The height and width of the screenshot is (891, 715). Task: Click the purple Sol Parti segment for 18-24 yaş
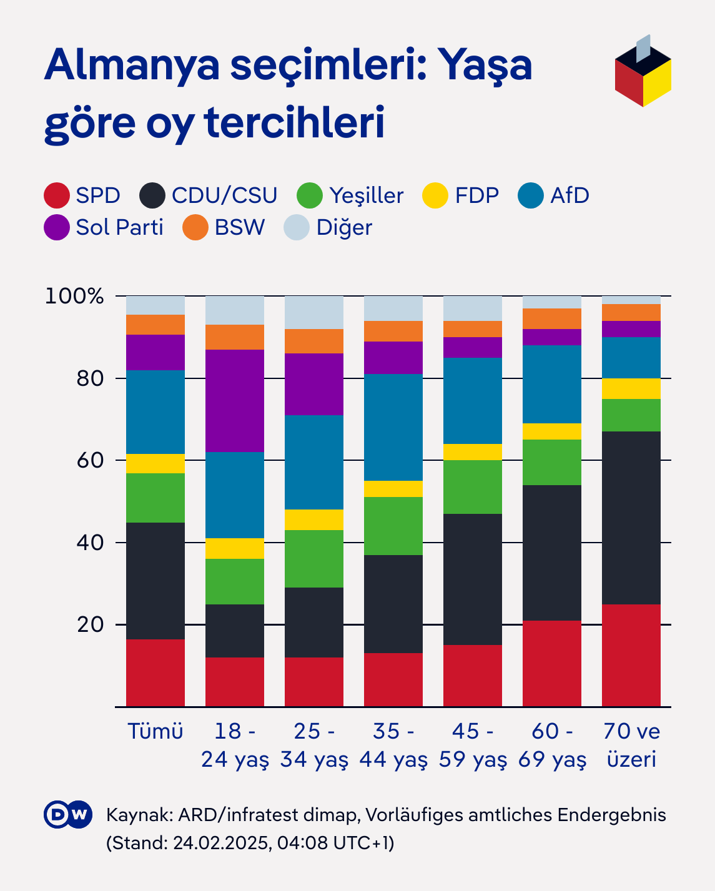235,400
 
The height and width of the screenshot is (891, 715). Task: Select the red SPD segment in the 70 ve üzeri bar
631,655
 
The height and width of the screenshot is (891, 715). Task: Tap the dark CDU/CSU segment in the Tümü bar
155,581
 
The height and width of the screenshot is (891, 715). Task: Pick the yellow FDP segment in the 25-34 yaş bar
314,519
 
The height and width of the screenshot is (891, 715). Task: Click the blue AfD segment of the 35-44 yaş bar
393,427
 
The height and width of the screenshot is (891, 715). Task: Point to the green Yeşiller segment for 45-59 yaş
473,487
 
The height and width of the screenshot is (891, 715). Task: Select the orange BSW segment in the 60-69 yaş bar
552,318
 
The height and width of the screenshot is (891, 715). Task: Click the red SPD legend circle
57,195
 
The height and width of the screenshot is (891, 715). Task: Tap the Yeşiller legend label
366,195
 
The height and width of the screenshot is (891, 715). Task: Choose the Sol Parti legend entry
119,227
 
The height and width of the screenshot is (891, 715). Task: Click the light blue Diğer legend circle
297,227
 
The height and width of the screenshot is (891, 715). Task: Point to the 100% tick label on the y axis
74,296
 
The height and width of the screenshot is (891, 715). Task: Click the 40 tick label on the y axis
90,543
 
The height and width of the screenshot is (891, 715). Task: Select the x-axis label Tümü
155,731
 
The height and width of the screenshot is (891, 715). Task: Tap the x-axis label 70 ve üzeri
631,745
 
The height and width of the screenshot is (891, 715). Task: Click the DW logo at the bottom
68,814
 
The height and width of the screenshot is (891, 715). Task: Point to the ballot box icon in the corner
643,72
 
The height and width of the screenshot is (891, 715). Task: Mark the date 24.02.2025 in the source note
222,843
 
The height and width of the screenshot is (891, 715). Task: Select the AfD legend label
570,195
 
